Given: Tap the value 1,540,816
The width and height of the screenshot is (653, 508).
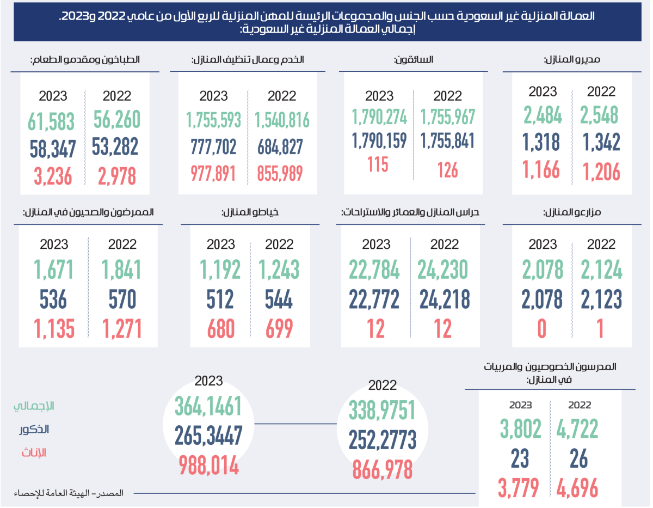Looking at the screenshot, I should point(281,119).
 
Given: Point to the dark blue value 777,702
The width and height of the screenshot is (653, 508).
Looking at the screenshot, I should point(213,146).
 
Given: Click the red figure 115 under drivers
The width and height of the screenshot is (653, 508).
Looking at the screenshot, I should point(378,165).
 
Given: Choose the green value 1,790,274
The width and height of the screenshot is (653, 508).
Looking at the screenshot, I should point(379,117).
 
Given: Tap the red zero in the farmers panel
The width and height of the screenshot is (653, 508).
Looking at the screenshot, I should point(542,329).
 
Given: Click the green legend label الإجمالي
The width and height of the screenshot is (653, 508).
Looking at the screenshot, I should point(34,406).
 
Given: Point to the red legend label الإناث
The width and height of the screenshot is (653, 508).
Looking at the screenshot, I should point(34,452).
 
